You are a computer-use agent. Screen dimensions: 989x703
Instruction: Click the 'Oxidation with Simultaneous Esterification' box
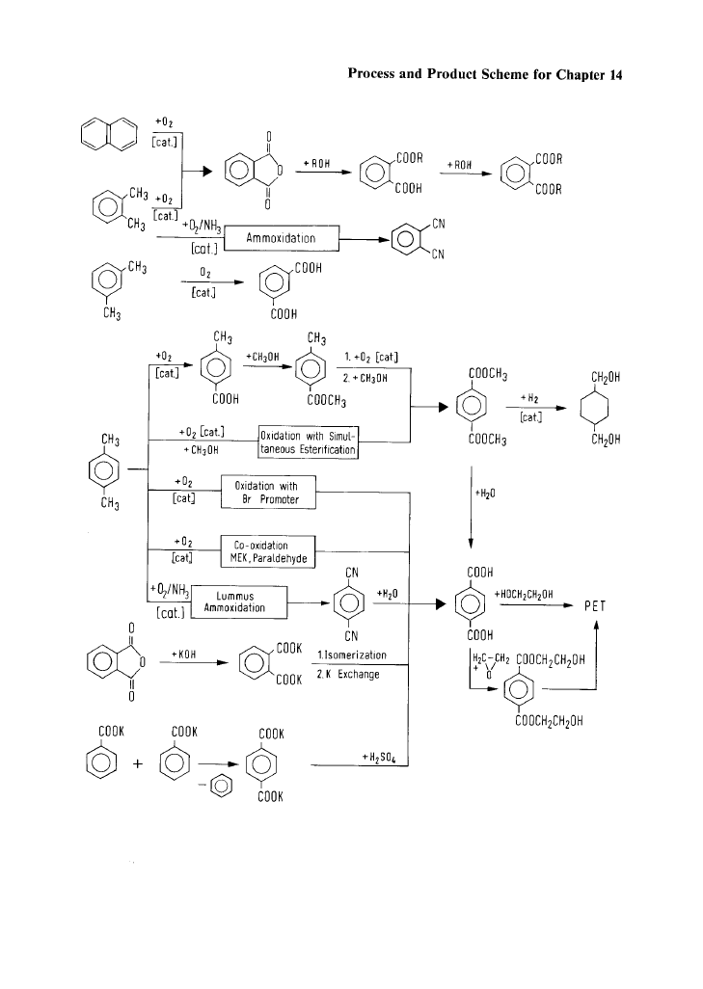308,442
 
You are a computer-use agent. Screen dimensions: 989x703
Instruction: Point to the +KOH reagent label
183,655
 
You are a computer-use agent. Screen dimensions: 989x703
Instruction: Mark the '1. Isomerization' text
351,656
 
